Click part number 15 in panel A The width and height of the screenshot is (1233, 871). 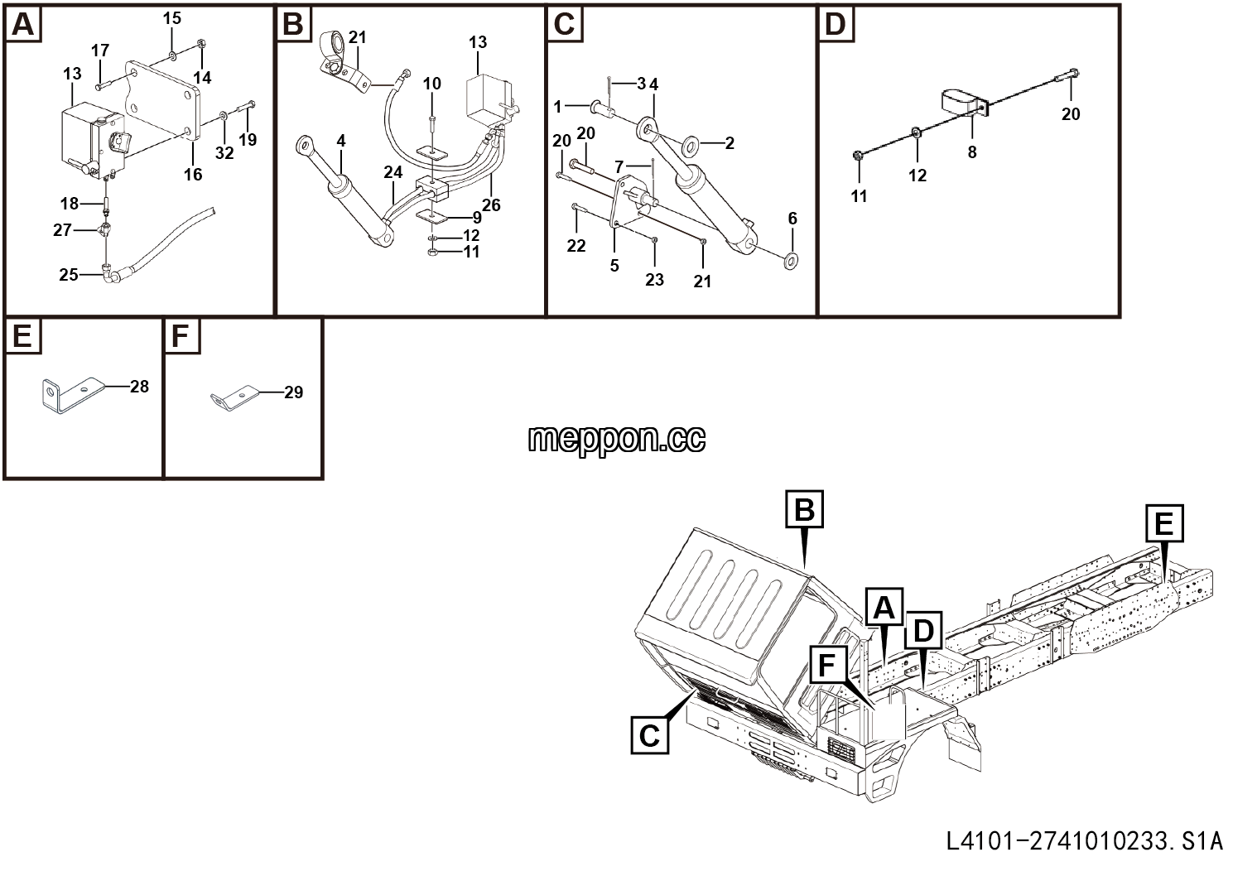coord(171,18)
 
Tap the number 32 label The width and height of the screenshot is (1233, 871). coord(224,153)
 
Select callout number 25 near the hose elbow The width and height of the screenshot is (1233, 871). coord(69,275)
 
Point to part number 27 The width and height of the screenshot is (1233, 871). coord(63,229)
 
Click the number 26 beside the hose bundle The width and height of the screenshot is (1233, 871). coord(491,205)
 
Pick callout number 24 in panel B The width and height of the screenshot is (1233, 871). coord(393,172)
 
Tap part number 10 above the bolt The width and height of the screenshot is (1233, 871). coord(432,84)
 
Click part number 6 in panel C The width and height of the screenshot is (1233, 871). coord(792,219)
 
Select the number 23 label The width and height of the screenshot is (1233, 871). coord(654,280)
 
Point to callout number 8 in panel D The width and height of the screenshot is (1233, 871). coord(972,152)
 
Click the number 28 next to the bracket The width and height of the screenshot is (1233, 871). coord(139,387)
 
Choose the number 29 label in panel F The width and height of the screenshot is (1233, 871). coord(293,392)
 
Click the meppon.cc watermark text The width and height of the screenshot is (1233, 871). coord(616,439)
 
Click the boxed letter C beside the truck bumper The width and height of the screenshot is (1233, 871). coord(649,735)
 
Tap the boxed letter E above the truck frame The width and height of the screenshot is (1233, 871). coord(1165,522)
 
